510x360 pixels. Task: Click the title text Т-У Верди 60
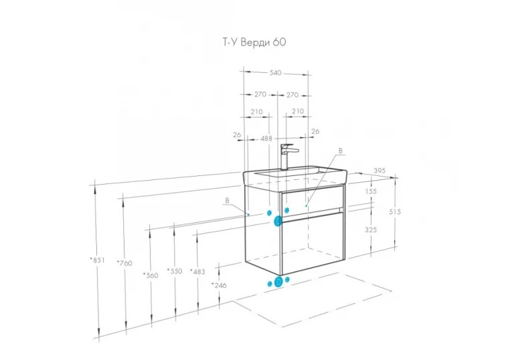click(254, 42)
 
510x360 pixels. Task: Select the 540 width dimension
click(275, 73)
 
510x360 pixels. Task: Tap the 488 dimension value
click(266, 139)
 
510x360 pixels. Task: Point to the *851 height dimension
click(98, 260)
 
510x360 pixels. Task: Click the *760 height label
click(125, 263)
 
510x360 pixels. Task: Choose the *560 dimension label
click(151, 276)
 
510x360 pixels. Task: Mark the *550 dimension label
click(175, 271)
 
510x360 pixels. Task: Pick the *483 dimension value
click(197, 272)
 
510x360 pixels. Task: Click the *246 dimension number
click(219, 285)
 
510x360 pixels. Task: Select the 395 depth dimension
click(379, 171)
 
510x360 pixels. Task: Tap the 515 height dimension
click(395, 211)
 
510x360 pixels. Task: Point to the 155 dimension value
click(371, 191)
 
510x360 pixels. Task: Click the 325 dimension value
click(371, 230)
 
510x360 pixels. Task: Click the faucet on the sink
click(287, 156)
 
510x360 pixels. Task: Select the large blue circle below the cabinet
click(278, 282)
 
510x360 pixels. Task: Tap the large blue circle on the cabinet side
click(278, 221)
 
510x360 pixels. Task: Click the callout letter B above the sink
click(341, 151)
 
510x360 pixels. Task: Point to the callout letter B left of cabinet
click(227, 201)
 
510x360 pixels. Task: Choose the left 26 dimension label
click(237, 134)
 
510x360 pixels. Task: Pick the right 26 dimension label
click(315, 131)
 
